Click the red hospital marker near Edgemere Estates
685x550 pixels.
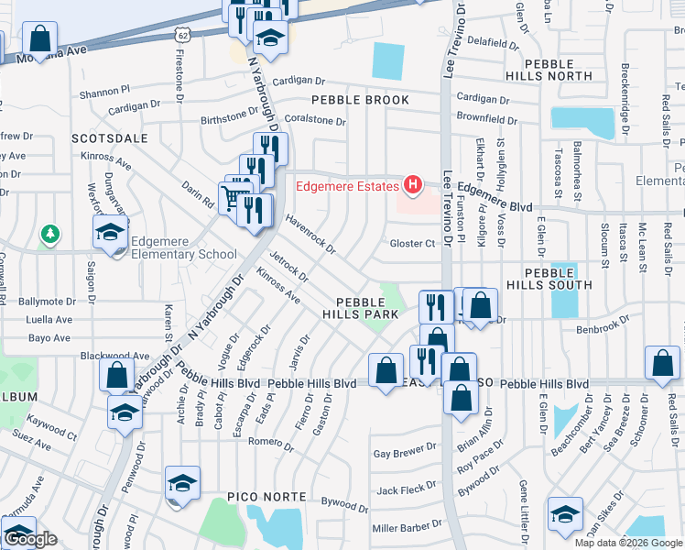(412, 185)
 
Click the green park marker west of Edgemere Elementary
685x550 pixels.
(50, 236)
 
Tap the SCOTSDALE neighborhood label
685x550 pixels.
(110, 137)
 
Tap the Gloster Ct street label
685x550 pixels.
(412, 244)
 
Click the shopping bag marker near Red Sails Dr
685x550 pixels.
(662, 363)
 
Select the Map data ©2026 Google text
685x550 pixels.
(628, 543)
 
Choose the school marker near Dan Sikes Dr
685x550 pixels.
(565, 514)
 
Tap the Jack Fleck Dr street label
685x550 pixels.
(406, 489)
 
